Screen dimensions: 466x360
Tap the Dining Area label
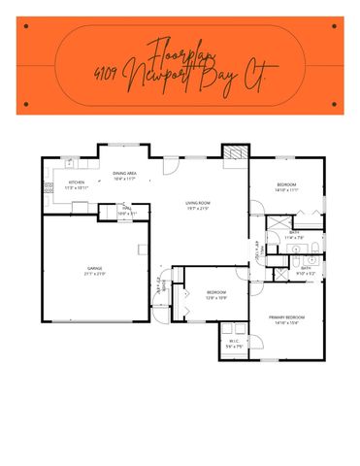pos(124,173)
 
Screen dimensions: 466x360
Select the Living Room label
pos(199,202)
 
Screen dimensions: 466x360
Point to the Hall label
pos(126,207)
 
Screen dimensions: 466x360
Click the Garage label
pos(93,269)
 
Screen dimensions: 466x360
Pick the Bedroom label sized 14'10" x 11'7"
pos(285,184)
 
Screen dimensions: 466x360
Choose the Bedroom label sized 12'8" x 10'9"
pos(216,292)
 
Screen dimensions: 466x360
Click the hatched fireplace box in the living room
pos(233,152)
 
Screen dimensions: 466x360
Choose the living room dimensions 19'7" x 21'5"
pos(199,208)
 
